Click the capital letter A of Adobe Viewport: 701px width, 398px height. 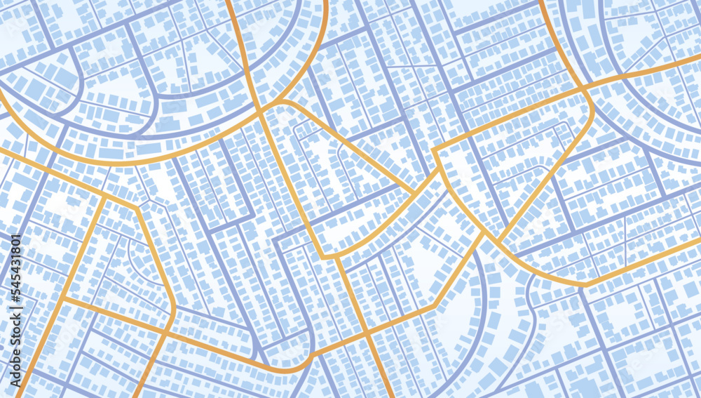click(x=16, y=383)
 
